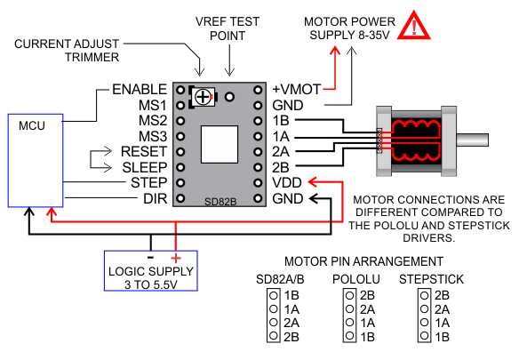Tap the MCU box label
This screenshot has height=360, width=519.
pos(32,125)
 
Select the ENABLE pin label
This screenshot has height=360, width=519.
pos(140,90)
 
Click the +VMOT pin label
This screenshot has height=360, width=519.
pos(297,90)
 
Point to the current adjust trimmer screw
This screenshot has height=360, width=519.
pos(203,97)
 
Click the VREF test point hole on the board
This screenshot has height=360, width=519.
pos(229,97)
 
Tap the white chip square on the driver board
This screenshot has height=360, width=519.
pos(220,144)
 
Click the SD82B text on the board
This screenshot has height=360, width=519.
pos(220,202)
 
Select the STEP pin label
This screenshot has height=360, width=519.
pos(149,183)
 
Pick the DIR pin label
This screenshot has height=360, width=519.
pos(156,199)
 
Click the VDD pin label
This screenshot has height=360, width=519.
pos(287,183)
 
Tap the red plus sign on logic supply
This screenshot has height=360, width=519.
pos(176,258)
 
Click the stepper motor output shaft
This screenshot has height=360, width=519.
pos(472,140)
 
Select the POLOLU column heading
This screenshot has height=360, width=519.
pos(356,279)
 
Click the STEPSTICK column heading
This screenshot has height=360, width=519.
pos(431,279)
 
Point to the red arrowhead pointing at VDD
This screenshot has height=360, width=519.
pos(313,182)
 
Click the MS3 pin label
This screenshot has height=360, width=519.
pos(153,136)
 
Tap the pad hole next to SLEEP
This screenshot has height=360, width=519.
pos(180,167)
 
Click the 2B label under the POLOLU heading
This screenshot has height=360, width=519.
pos(367,295)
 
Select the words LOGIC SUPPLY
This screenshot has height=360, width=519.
pos(151,272)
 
